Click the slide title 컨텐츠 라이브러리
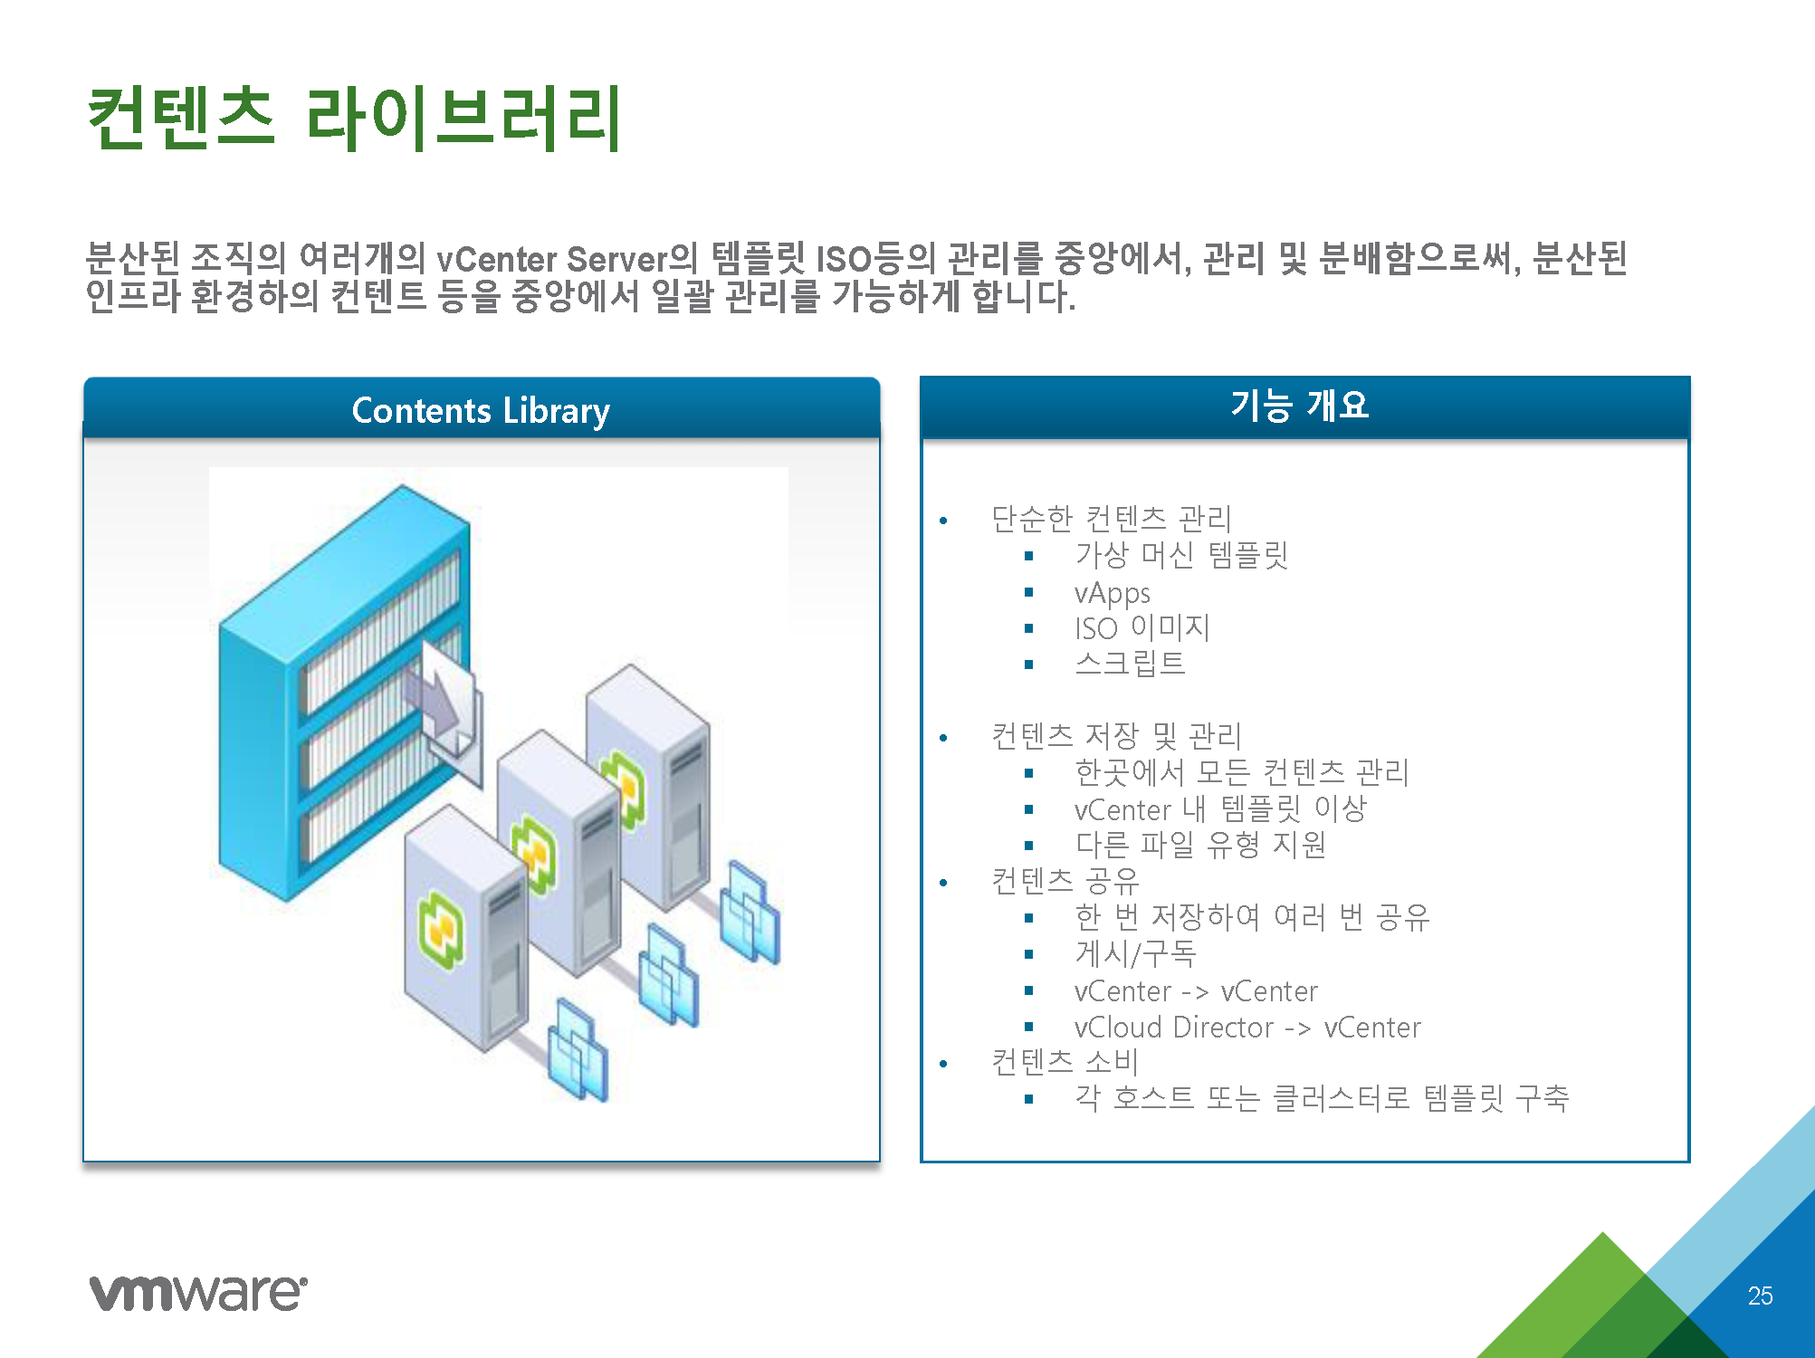(x=354, y=118)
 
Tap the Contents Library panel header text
(x=481, y=411)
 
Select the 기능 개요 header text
(x=1299, y=405)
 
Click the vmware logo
(x=198, y=1293)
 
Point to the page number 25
(x=1760, y=1296)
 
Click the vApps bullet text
(x=1112, y=593)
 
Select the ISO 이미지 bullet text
(x=1142, y=627)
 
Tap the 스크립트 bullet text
(x=1130, y=664)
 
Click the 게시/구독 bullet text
(x=1135, y=953)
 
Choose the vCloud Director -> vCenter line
(x=1247, y=1028)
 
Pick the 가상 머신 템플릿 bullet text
(x=1181, y=555)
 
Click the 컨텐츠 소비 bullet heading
(x=1065, y=1062)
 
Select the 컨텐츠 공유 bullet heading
(x=1065, y=881)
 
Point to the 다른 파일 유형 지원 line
(x=1200, y=845)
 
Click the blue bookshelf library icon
(x=344, y=693)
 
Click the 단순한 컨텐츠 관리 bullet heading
(x=1112, y=519)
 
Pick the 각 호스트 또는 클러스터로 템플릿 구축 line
(x=1322, y=1098)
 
